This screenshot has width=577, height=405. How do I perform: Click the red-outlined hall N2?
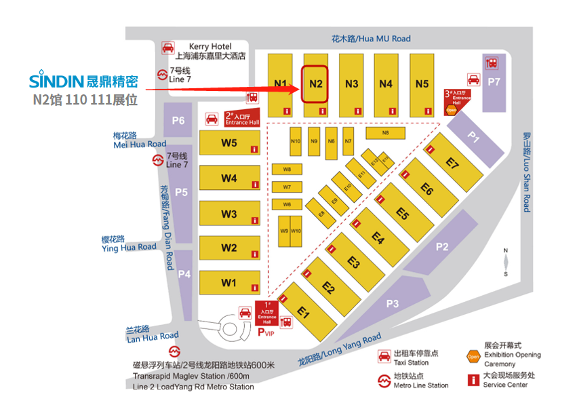(315, 83)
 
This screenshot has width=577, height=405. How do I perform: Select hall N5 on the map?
(422, 84)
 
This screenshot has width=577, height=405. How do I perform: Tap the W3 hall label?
(228, 214)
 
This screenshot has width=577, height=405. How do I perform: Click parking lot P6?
(178, 121)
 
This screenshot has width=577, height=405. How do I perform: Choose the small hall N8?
(385, 133)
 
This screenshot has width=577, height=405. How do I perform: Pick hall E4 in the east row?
(378, 237)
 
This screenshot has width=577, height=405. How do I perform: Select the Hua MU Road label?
(371, 39)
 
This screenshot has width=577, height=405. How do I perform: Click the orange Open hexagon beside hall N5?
(451, 110)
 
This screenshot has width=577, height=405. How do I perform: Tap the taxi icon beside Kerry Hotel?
(166, 49)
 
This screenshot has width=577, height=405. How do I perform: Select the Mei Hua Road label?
(139, 140)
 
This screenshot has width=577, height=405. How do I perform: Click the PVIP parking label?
(266, 332)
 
